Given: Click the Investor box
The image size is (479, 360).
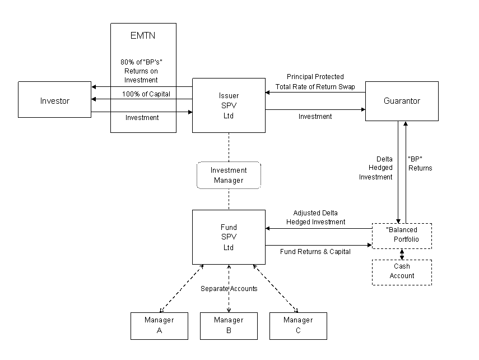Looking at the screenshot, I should pos(54,100).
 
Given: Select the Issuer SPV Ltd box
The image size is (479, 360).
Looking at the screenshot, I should pos(229,105).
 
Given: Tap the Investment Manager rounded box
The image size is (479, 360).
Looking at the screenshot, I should pos(229,176).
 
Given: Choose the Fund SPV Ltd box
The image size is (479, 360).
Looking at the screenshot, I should pos(229,237).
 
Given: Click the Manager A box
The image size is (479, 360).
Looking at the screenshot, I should pos(159,326).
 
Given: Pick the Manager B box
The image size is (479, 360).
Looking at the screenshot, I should pos(229,326).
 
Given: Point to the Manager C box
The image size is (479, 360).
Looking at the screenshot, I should pos(298,326).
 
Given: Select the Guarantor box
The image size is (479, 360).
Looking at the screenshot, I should pos(402,101).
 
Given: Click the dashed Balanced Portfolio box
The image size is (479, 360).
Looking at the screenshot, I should pos(402,236).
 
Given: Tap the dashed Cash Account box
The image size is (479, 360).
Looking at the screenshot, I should pos(402,272).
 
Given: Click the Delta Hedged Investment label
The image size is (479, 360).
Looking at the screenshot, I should pos(376,168).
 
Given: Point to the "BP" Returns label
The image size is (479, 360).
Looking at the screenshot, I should pos(420,163).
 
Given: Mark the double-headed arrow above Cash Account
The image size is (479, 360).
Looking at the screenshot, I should pos(402,254).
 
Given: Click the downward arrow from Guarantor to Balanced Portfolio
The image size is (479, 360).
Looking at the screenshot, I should pos(398,174).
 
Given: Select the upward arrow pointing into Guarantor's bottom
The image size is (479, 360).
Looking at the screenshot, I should pos(406,168).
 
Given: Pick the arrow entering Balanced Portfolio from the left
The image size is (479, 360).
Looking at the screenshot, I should pos(361,245).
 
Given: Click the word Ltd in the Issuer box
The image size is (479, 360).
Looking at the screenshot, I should pos(229,116).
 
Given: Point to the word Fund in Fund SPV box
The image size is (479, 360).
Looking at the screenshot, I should pos(229,227).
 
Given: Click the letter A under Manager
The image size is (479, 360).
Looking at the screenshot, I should pos(159,331).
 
